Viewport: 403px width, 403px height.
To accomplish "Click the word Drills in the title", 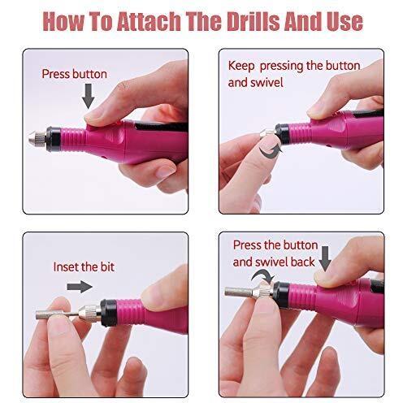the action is click(x=253, y=21).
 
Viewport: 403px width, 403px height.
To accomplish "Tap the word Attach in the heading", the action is click(x=149, y=21).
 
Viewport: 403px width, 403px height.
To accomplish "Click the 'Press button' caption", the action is click(x=75, y=74).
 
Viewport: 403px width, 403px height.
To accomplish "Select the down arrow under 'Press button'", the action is click(x=89, y=96).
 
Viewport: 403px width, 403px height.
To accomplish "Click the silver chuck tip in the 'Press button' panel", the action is click(x=37, y=139).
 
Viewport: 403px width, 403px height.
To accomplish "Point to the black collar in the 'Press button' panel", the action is click(x=54, y=139).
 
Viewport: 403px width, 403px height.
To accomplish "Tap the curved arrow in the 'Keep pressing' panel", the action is click(x=271, y=152).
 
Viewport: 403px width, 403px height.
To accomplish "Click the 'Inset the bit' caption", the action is click(x=84, y=266).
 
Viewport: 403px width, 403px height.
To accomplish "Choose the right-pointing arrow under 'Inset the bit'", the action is click(x=80, y=287).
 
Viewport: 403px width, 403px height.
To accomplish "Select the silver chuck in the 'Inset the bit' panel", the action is click(x=90, y=313).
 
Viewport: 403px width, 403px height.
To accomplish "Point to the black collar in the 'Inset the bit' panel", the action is click(x=109, y=313).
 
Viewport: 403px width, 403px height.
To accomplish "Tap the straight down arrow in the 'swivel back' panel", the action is click(x=325, y=258).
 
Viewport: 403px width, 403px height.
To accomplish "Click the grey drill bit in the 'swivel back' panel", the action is click(x=239, y=292).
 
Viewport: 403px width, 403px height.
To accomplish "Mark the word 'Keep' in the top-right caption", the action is click(x=241, y=66).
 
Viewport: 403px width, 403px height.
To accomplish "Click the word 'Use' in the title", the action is click(x=344, y=21).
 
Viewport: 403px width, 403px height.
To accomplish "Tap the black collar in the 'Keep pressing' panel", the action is click(x=283, y=134).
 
